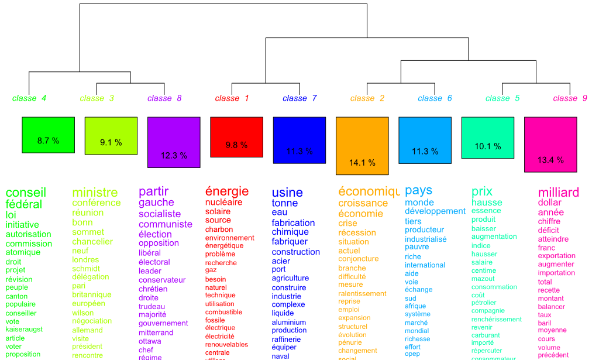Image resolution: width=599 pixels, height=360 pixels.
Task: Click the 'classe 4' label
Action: click(29, 98)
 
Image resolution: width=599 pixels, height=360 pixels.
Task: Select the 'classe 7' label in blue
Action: click(299, 98)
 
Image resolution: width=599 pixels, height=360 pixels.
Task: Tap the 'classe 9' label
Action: click(570, 98)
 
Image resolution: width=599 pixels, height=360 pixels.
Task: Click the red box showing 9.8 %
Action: click(236, 137)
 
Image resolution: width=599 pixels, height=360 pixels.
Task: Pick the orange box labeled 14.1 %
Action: click(362, 146)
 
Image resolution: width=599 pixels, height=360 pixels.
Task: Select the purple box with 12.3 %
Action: click(174, 142)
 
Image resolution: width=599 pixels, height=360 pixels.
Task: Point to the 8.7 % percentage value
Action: click(48, 140)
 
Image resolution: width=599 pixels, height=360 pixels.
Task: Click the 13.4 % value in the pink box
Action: click(550, 160)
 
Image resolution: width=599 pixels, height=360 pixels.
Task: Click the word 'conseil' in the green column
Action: click(26, 193)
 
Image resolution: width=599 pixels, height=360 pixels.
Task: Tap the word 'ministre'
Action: click(95, 193)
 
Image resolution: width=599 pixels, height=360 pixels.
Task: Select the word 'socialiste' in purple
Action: click(160, 214)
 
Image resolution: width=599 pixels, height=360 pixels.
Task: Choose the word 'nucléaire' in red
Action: click(223, 203)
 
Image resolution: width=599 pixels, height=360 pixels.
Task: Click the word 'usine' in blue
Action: click(287, 193)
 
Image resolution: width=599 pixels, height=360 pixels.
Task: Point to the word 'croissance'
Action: click(363, 203)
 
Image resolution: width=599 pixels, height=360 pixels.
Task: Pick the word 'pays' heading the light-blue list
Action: click(419, 190)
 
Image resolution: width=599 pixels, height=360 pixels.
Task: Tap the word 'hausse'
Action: click(487, 203)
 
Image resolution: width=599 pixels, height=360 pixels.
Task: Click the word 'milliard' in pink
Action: click(559, 193)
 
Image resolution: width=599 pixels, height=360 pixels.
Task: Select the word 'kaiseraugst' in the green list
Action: click(24, 330)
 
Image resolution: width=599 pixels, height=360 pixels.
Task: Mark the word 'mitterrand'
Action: click(156, 332)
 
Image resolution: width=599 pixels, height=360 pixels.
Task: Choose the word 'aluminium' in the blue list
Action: click(288, 322)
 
